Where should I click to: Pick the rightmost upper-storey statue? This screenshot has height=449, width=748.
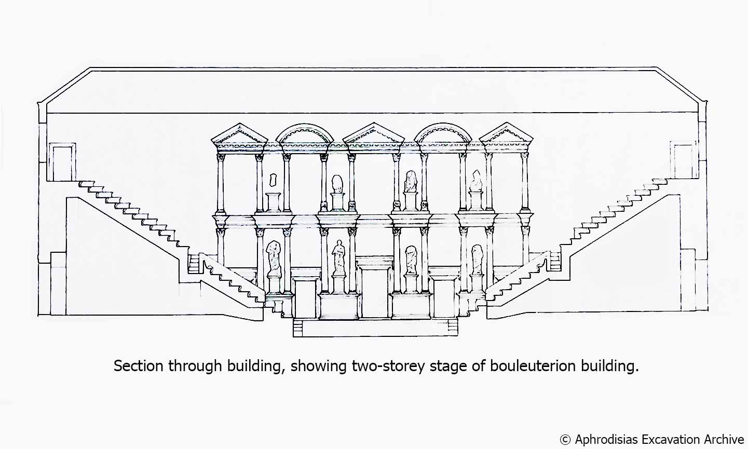[x=476, y=181]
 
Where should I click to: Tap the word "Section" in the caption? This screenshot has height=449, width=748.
[x=139, y=366]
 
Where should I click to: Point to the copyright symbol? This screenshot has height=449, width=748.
[x=565, y=439]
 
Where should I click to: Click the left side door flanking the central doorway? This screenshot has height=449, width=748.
[x=305, y=299]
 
